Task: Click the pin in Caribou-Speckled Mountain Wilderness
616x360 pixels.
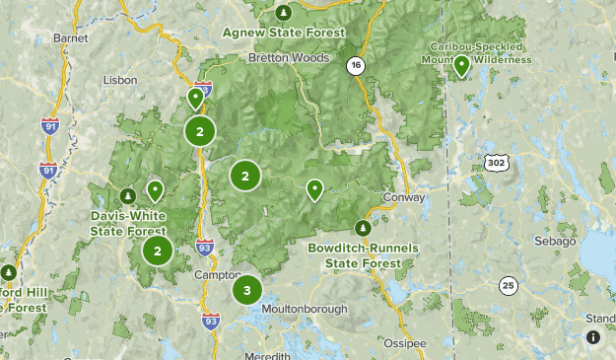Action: pyautogui.click(x=461, y=66)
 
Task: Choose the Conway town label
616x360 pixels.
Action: pyautogui.click(x=405, y=197)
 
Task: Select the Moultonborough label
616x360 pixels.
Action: pyautogui.click(x=305, y=309)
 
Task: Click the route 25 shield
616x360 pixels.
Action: pyautogui.click(x=508, y=286)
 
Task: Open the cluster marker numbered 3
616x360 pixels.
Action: pyautogui.click(x=246, y=291)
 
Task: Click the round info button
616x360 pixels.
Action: pyautogui.click(x=593, y=337)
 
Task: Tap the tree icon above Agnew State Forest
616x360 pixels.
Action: pyautogui.click(x=284, y=13)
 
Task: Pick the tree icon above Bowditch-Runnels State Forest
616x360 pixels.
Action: pyautogui.click(x=363, y=228)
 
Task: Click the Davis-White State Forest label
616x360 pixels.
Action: pyautogui.click(x=128, y=222)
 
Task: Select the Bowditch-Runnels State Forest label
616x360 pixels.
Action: pyautogui.click(x=363, y=254)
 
